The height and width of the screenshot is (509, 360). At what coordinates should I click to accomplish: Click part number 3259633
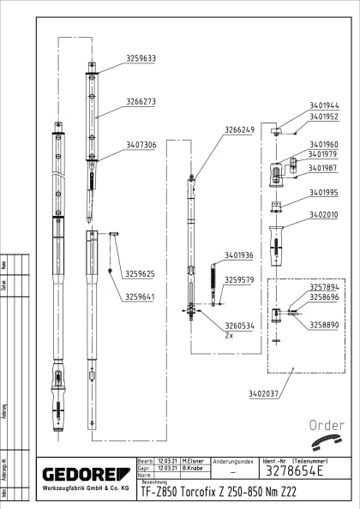pos(141,59)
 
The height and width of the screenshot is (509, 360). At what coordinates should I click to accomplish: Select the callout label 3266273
pos(141,101)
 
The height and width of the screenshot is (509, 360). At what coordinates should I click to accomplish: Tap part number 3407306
pos(141,146)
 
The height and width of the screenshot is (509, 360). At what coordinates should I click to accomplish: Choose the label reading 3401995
pos(324,193)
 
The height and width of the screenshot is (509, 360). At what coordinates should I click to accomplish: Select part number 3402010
pos(324,215)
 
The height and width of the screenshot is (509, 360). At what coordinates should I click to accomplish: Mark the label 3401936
pos(239,255)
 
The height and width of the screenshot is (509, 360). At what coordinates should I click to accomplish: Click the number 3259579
pos(239,280)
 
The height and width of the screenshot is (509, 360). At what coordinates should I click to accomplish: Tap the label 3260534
pos(239,326)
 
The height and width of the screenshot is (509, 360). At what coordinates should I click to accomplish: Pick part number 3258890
pos(324,326)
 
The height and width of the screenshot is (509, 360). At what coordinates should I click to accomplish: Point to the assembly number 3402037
pos(263,393)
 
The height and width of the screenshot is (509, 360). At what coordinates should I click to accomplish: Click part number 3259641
pos(140,296)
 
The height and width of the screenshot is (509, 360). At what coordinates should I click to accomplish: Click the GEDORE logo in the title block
pos(86,474)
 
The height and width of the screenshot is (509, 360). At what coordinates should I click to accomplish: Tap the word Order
pos(327,425)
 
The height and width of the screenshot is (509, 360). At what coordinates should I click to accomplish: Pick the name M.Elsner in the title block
pos(190,461)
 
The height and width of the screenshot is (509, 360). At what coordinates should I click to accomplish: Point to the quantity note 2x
pos(229,337)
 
